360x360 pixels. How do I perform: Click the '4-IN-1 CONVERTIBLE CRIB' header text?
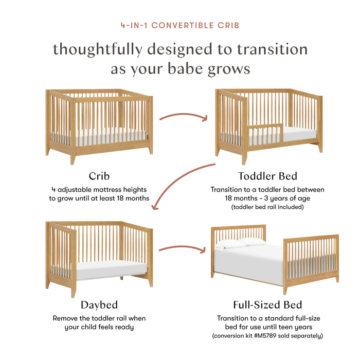coord(180,25)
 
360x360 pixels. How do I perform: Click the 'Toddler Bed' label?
coord(267,175)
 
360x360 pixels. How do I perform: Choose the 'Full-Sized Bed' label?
coord(267,305)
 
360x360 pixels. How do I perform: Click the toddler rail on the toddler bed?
coord(265,133)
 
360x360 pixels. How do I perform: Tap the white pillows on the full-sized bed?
coord(239,242)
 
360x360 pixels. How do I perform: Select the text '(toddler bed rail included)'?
coord(267,206)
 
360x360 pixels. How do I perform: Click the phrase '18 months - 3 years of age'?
coord(267,197)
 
